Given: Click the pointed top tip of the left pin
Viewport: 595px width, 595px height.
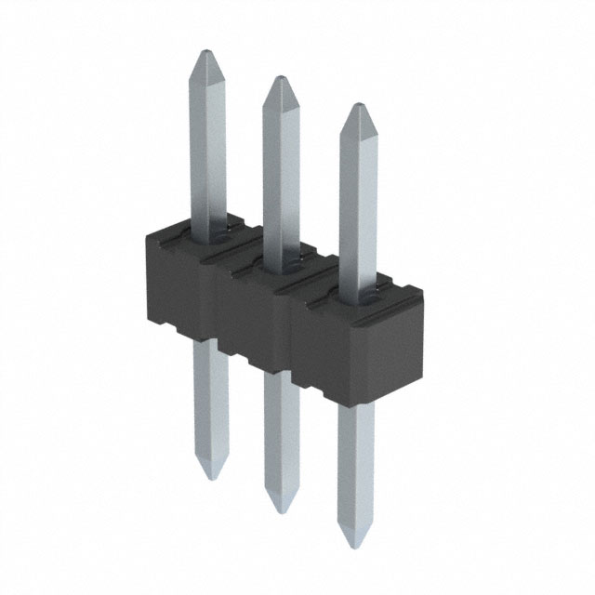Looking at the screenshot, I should point(206,53).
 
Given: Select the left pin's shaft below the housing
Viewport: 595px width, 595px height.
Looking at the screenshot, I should point(211,400).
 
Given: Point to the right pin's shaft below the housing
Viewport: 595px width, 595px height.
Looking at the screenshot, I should point(355,465).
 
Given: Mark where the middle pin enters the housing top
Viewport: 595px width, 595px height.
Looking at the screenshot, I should point(281,253).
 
